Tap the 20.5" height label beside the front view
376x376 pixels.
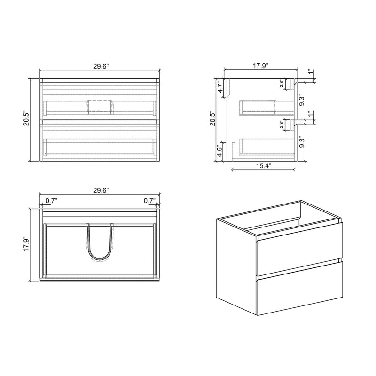(27, 119)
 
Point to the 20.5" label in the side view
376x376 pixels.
(213, 119)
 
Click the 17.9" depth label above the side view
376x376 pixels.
(260, 66)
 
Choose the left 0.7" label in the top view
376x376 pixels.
(51, 201)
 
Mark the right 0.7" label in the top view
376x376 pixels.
(149, 201)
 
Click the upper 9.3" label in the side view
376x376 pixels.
(302, 101)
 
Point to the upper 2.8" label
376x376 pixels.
(282, 84)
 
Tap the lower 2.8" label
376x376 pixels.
(282, 125)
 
